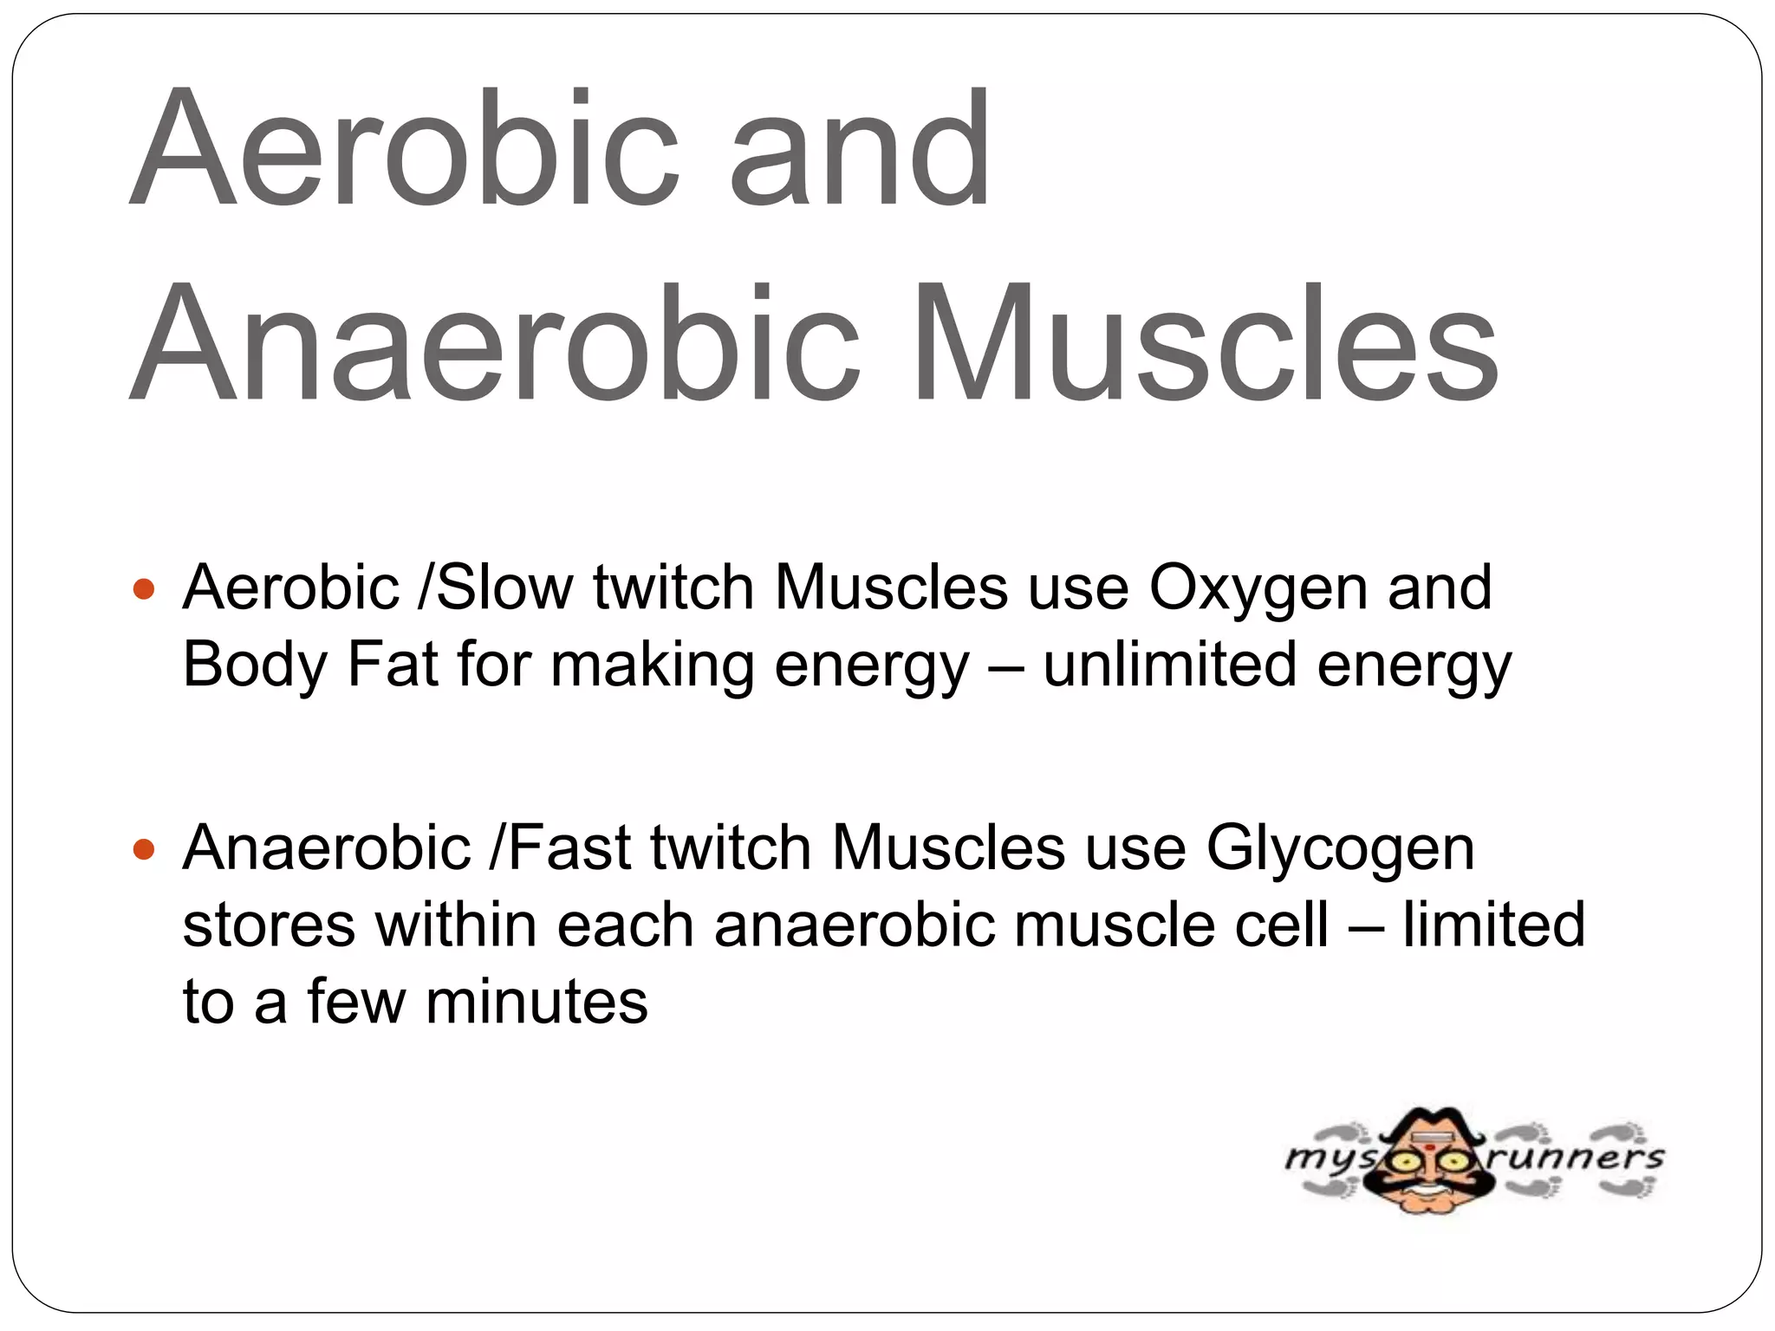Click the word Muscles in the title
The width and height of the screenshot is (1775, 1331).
click(1205, 344)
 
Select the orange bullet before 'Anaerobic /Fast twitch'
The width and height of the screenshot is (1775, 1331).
click(145, 850)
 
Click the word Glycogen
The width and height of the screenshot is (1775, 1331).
click(1340, 848)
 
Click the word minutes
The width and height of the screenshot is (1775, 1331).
click(536, 1002)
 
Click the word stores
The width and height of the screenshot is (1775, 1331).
click(269, 926)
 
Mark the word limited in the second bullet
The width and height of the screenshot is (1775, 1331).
click(1493, 925)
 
